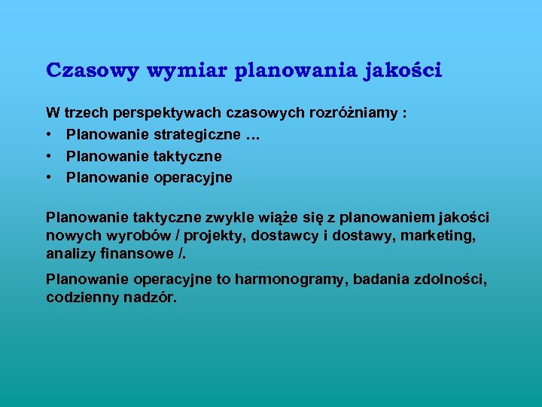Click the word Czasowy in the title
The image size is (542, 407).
pos(93,70)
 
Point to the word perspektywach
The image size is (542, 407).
pos(166,114)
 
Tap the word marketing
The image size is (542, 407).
pos(445,236)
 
